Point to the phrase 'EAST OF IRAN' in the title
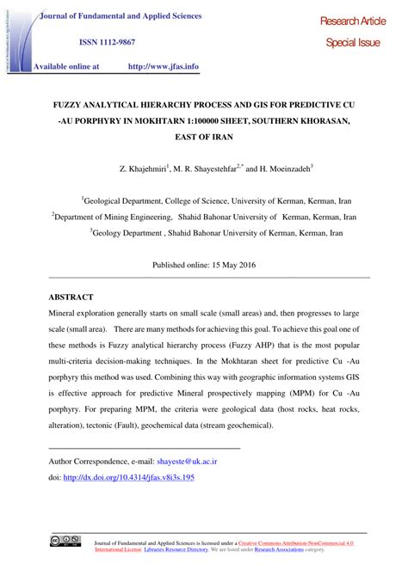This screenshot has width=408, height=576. [x=203, y=137]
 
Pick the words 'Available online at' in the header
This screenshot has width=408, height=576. [x=68, y=64]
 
